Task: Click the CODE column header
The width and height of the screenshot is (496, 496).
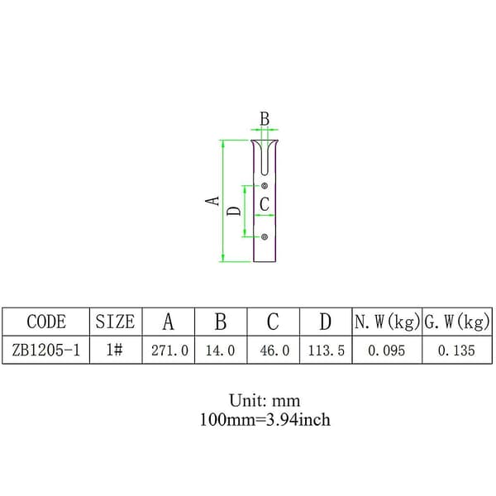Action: (46, 322)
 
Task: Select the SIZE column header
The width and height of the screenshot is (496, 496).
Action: (115, 322)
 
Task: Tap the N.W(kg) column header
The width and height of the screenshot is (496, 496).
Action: (387, 322)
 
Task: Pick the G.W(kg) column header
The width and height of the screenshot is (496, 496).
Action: (457, 322)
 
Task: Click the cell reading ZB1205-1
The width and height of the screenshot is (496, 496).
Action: (45, 351)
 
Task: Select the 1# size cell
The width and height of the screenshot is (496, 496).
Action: (115, 350)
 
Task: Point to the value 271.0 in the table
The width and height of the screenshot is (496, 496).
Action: (169, 351)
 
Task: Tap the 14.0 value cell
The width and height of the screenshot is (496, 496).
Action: (220, 351)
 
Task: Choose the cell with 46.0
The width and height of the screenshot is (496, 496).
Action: (274, 351)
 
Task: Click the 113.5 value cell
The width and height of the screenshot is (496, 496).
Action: (327, 351)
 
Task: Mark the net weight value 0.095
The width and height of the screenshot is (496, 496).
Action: (386, 351)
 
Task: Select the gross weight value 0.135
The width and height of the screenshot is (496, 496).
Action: (456, 351)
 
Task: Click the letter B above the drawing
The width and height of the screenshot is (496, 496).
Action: (265, 119)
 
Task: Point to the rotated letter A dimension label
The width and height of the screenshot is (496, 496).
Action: (212, 201)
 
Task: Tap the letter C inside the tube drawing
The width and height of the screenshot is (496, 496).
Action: (265, 204)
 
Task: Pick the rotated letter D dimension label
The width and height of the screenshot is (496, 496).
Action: (234, 211)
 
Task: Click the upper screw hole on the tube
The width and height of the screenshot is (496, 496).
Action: (265, 186)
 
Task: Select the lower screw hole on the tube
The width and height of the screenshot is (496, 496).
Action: (265, 236)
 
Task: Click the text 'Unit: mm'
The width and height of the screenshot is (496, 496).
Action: (265, 401)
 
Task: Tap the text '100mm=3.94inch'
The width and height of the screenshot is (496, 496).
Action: (265, 420)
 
